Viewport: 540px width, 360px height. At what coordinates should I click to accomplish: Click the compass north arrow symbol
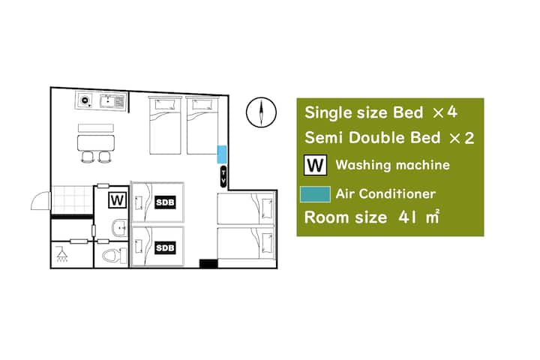click(x=262, y=112)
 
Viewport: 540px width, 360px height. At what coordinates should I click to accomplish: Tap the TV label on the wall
click(x=223, y=177)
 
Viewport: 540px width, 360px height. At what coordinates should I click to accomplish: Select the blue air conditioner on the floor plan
click(x=222, y=154)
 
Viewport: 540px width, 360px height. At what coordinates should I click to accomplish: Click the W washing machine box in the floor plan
click(x=118, y=200)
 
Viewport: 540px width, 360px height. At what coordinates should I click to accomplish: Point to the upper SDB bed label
click(x=165, y=202)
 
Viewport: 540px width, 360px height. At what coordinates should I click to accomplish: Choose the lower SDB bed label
click(x=165, y=247)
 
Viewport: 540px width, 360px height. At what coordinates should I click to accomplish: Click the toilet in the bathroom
click(x=115, y=256)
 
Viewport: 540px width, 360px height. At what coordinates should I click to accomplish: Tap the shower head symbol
click(x=62, y=254)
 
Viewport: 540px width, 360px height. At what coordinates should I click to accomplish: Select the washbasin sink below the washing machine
click(x=120, y=228)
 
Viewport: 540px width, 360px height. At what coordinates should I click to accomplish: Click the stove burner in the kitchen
click(x=85, y=100)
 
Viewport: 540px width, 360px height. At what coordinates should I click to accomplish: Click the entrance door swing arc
click(x=39, y=200)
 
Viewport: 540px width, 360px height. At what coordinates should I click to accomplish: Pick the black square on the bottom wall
click(x=208, y=264)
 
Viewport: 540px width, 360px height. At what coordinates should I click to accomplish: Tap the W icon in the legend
click(x=315, y=165)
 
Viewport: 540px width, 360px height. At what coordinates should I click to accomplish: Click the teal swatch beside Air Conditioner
click(x=316, y=194)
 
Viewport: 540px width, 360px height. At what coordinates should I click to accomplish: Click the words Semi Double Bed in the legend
click(x=373, y=138)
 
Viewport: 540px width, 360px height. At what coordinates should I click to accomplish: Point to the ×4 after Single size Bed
click(x=445, y=112)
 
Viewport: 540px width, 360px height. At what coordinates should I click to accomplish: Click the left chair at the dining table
click(x=88, y=157)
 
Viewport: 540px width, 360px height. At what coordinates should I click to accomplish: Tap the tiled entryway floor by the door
click(x=72, y=200)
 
